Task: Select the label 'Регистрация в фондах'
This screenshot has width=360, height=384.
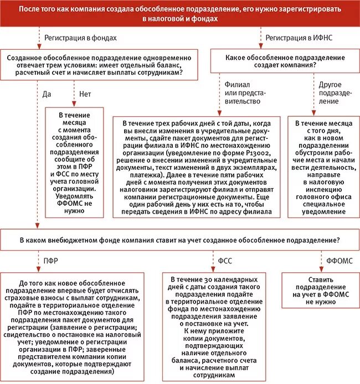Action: click(81, 38)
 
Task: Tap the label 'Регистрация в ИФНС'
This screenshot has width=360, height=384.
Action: click(297, 38)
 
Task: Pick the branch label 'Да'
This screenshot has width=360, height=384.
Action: click(47, 94)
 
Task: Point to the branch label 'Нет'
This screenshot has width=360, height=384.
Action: click(85, 94)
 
